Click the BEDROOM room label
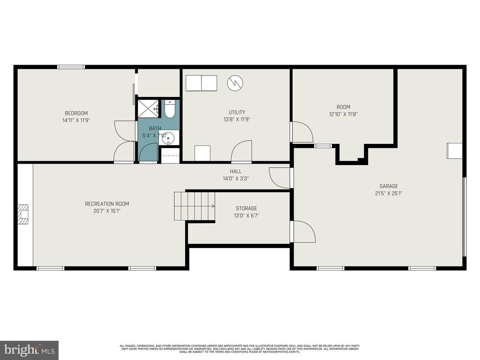[x=76, y=113]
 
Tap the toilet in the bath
[x=170, y=109]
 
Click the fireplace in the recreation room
[x=23, y=214]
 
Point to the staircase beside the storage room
[x=195, y=206]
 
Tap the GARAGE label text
[x=389, y=186]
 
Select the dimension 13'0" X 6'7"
[x=246, y=216]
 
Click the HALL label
[x=235, y=171]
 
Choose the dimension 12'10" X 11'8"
[x=343, y=114]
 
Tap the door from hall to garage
[x=280, y=178]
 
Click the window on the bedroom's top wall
[x=71, y=67]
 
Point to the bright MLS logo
[x=29, y=350]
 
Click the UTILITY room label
[x=237, y=112]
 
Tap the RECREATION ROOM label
[x=107, y=203]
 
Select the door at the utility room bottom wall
[x=242, y=151]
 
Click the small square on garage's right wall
[x=454, y=150]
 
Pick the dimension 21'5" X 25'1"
[x=389, y=193]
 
